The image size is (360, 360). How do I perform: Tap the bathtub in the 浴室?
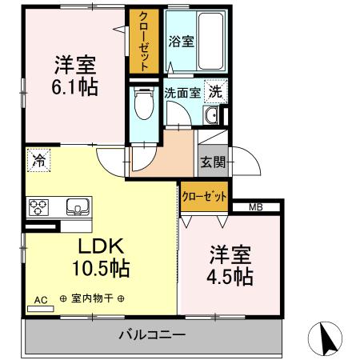click(210, 41)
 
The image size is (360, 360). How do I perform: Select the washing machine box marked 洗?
click(216, 92)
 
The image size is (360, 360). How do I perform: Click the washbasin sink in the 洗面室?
click(210, 115)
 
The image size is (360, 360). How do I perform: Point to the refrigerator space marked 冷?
click(39, 160)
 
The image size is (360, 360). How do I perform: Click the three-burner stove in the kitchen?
click(38, 207)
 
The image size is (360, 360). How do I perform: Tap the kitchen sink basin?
click(78, 207)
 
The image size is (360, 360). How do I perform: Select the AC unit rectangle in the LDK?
click(41, 309)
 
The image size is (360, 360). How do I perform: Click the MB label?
click(256, 207)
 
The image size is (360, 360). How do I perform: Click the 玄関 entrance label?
click(213, 162)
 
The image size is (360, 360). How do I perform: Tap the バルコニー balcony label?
click(152, 334)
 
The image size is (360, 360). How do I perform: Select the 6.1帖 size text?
click(74, 87)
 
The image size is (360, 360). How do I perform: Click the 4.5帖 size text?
click(230, 278)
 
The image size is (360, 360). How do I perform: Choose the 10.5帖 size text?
click(101, 268)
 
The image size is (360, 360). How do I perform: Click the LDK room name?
click(101, 246)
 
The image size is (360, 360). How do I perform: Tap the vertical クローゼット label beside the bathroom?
click(144, 42)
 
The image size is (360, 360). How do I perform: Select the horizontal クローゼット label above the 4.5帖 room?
click(204, 197)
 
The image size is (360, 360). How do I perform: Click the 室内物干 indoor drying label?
click(92, 298)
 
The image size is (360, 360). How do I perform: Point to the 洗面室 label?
click(182, 93)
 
